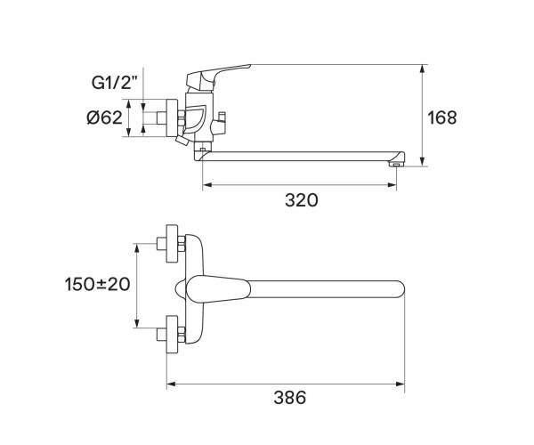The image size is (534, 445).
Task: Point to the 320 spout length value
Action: coord(301,200)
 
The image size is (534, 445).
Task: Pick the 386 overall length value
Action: coord(287,398)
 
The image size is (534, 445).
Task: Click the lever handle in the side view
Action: coord(222,73)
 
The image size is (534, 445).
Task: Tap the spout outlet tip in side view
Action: coord(396,163)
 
